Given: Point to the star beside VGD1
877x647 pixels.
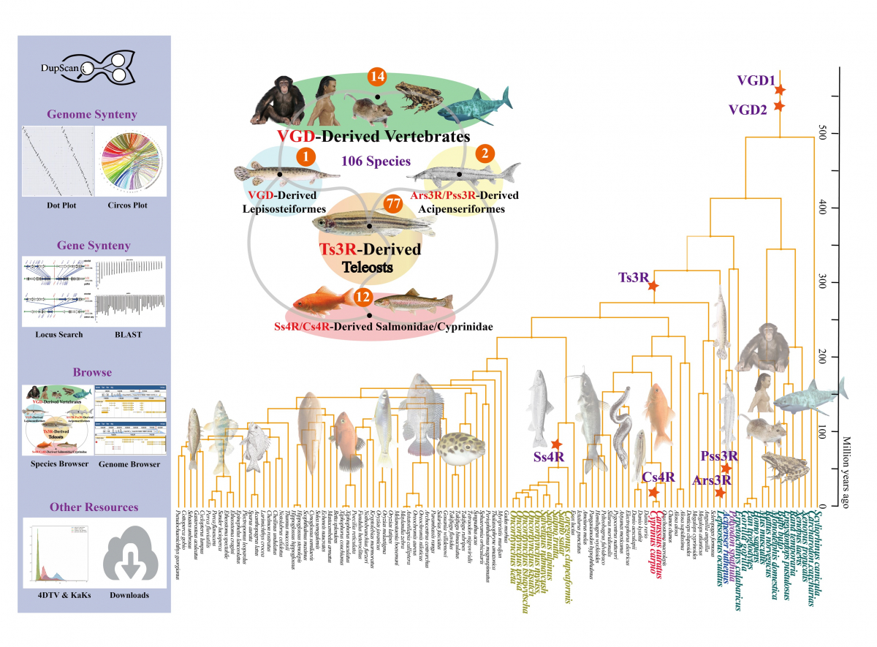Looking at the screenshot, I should tap(780, 90).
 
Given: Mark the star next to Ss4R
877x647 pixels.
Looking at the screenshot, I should tap(556, 444).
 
